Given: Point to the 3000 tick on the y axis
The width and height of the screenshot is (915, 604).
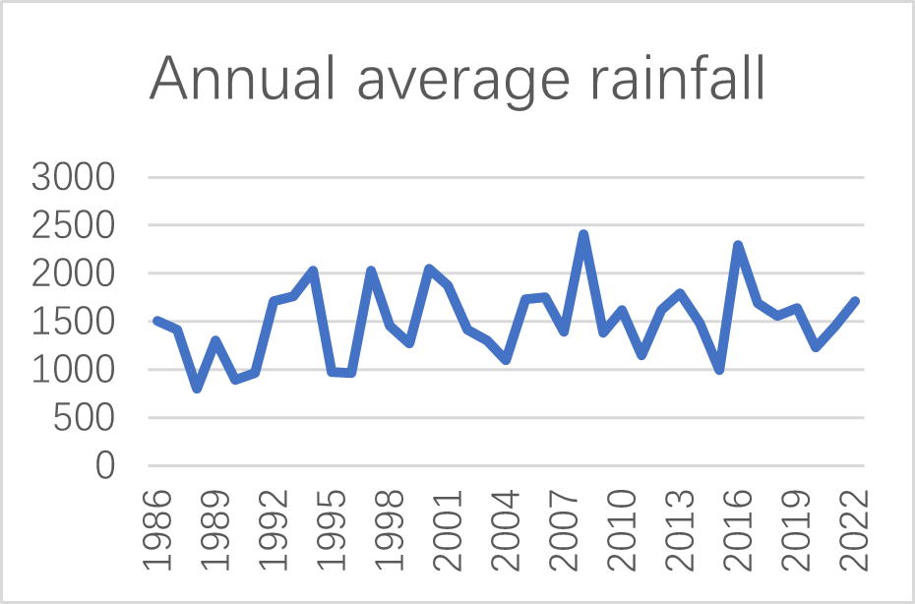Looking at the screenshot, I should click(x=74, y=178).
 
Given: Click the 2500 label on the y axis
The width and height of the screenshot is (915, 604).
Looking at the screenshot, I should click(x=74, y=226).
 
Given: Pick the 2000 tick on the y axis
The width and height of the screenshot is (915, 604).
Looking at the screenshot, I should click(x=74, y=274).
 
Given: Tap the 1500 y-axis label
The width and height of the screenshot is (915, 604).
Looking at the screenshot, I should click(x=74, y=323).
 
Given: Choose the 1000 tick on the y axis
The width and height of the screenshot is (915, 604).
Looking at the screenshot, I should click(x=74, y=371).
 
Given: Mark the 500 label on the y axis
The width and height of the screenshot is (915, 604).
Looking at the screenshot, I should click(x=88, y=419).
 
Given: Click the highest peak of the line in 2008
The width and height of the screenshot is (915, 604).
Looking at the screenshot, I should click(x=583, y=234).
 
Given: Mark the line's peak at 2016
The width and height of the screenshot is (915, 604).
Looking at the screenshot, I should click(x=738, y=245).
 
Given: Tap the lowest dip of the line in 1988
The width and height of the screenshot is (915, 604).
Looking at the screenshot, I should click(x=197, y=389).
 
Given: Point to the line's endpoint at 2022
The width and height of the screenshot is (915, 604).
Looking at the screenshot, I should click(x=854, y=301).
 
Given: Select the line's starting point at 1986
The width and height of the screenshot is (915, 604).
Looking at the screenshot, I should click(x=157, y=321).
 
